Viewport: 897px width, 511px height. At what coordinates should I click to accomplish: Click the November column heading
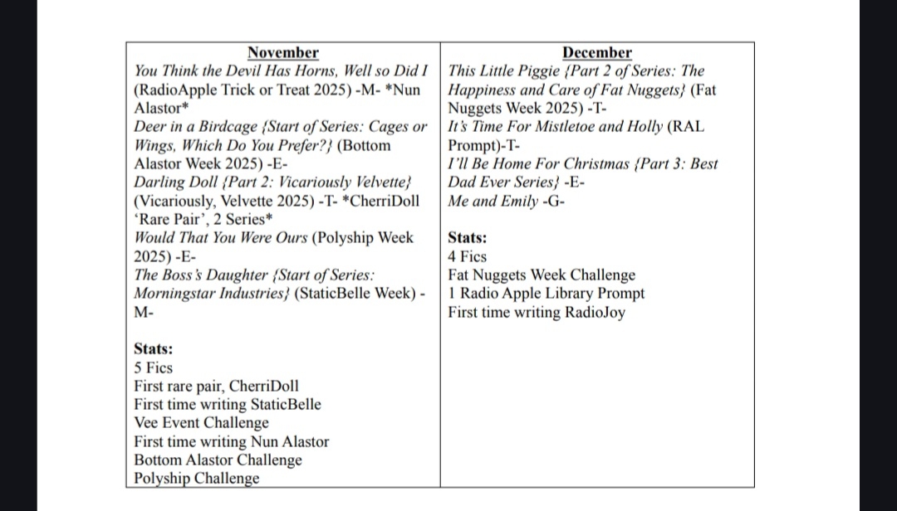[282, 53]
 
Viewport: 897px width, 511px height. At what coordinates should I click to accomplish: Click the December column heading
[596, 53]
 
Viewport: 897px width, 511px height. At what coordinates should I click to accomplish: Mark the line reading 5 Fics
[153, 367]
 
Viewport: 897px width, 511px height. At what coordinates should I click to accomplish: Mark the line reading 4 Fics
[467, 256]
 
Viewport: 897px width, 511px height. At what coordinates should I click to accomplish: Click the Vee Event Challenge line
[201, 423]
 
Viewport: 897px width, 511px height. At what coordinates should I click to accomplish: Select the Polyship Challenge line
[196, 479]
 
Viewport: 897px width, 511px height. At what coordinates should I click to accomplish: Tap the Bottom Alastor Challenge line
[218, 460]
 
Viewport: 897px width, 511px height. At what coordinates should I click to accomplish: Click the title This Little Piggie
[508, 71]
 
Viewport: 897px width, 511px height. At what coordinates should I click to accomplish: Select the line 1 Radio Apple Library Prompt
[546, 293]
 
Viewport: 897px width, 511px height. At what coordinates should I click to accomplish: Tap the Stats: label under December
[468, 238]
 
